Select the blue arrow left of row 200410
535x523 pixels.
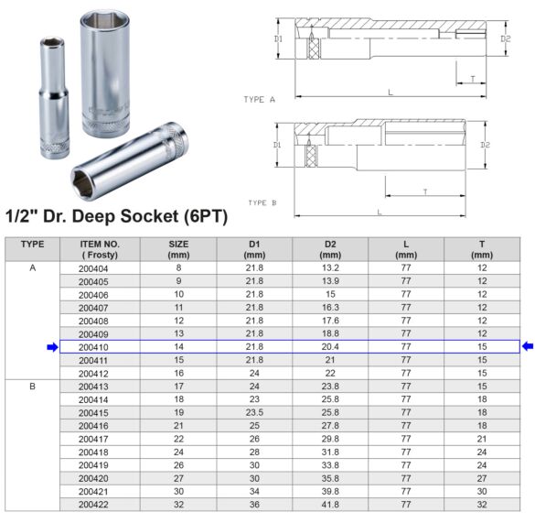coord(52,347)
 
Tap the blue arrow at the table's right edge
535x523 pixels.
coord(527,346)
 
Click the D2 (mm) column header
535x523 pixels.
coord(329,248)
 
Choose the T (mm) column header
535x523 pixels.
coord(481,248)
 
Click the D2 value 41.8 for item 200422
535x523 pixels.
coord(329,503)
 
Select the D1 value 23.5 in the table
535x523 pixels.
coord(254,412)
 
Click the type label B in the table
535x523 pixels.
coord(32,387)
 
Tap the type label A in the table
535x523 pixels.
coord(32,268)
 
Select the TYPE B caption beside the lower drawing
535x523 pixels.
coord(262,202)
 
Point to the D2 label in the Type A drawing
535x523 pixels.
coord(505,38)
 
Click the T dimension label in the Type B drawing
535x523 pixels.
coord(425,191)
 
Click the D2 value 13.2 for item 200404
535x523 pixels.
coord(329,268)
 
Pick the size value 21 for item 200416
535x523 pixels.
coord(178,425)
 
